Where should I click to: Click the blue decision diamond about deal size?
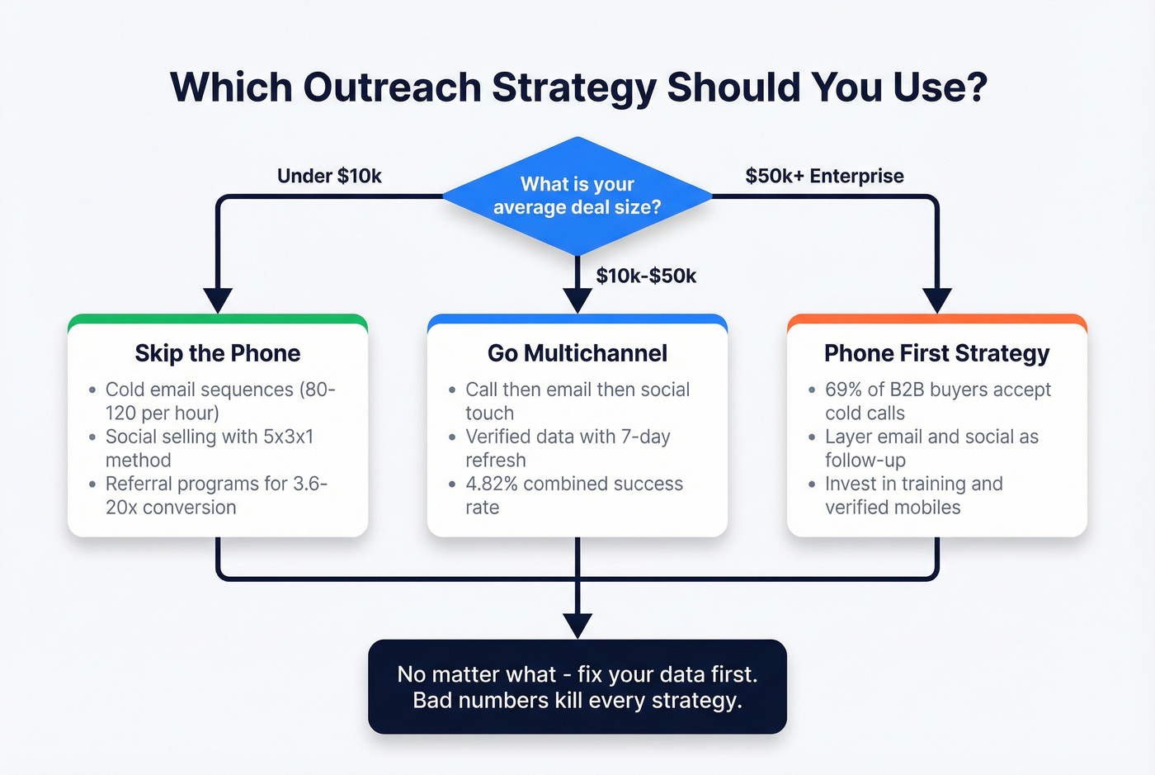(x=577, y=196)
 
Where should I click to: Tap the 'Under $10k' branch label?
(x=329, y=176)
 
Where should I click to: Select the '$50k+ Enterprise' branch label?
(x=824, y=176)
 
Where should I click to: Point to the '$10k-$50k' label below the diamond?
(x=646, y=276)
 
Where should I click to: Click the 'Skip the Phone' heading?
(x=218, y=353)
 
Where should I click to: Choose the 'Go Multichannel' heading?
(x=577, y=353)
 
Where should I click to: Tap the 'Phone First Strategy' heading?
(x=936, y=353)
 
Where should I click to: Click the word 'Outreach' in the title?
(x=393, y=87)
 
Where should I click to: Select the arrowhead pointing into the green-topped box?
(x=218, y=300)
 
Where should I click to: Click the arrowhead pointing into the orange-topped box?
(x=937, y=300)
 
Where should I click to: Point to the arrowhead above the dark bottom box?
(x=577, y=626)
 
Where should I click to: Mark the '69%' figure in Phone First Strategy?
(x=843, y=390)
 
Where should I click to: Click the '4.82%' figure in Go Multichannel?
(x=491, y=484)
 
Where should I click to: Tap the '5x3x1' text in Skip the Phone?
(x=288, y=437)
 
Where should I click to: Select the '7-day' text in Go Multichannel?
(x=645, y=437)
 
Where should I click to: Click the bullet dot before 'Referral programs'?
(x=92, y=484)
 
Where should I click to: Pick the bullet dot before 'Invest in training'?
(x=813, y=484)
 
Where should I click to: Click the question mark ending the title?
(x=978, y=87)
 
